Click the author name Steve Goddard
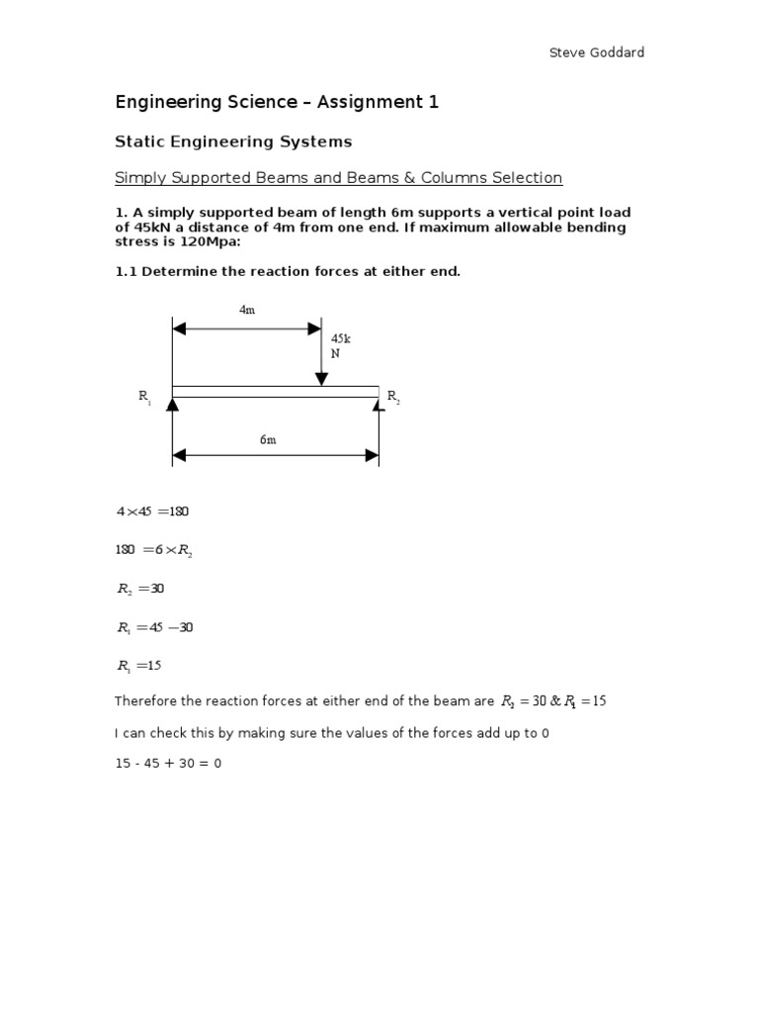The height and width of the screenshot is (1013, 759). coord(596,52)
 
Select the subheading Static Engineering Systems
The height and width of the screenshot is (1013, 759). coord(233,141)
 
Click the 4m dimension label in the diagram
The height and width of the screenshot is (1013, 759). coord(247,310)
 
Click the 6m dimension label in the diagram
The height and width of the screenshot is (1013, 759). coord(268,439)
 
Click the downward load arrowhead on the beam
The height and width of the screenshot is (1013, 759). coord(321,379)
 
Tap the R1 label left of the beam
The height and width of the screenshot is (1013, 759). coord(144,397)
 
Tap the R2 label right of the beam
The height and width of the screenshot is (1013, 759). coord(393,397)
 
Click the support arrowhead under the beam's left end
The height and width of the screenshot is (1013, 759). coord(173,403)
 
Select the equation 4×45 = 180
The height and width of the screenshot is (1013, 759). coord(152,511)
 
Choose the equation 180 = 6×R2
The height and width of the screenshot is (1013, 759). coord(154,550)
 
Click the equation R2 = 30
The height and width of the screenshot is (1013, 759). coord(140,589)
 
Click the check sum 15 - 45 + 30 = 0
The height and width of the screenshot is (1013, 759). coord(168,764)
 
